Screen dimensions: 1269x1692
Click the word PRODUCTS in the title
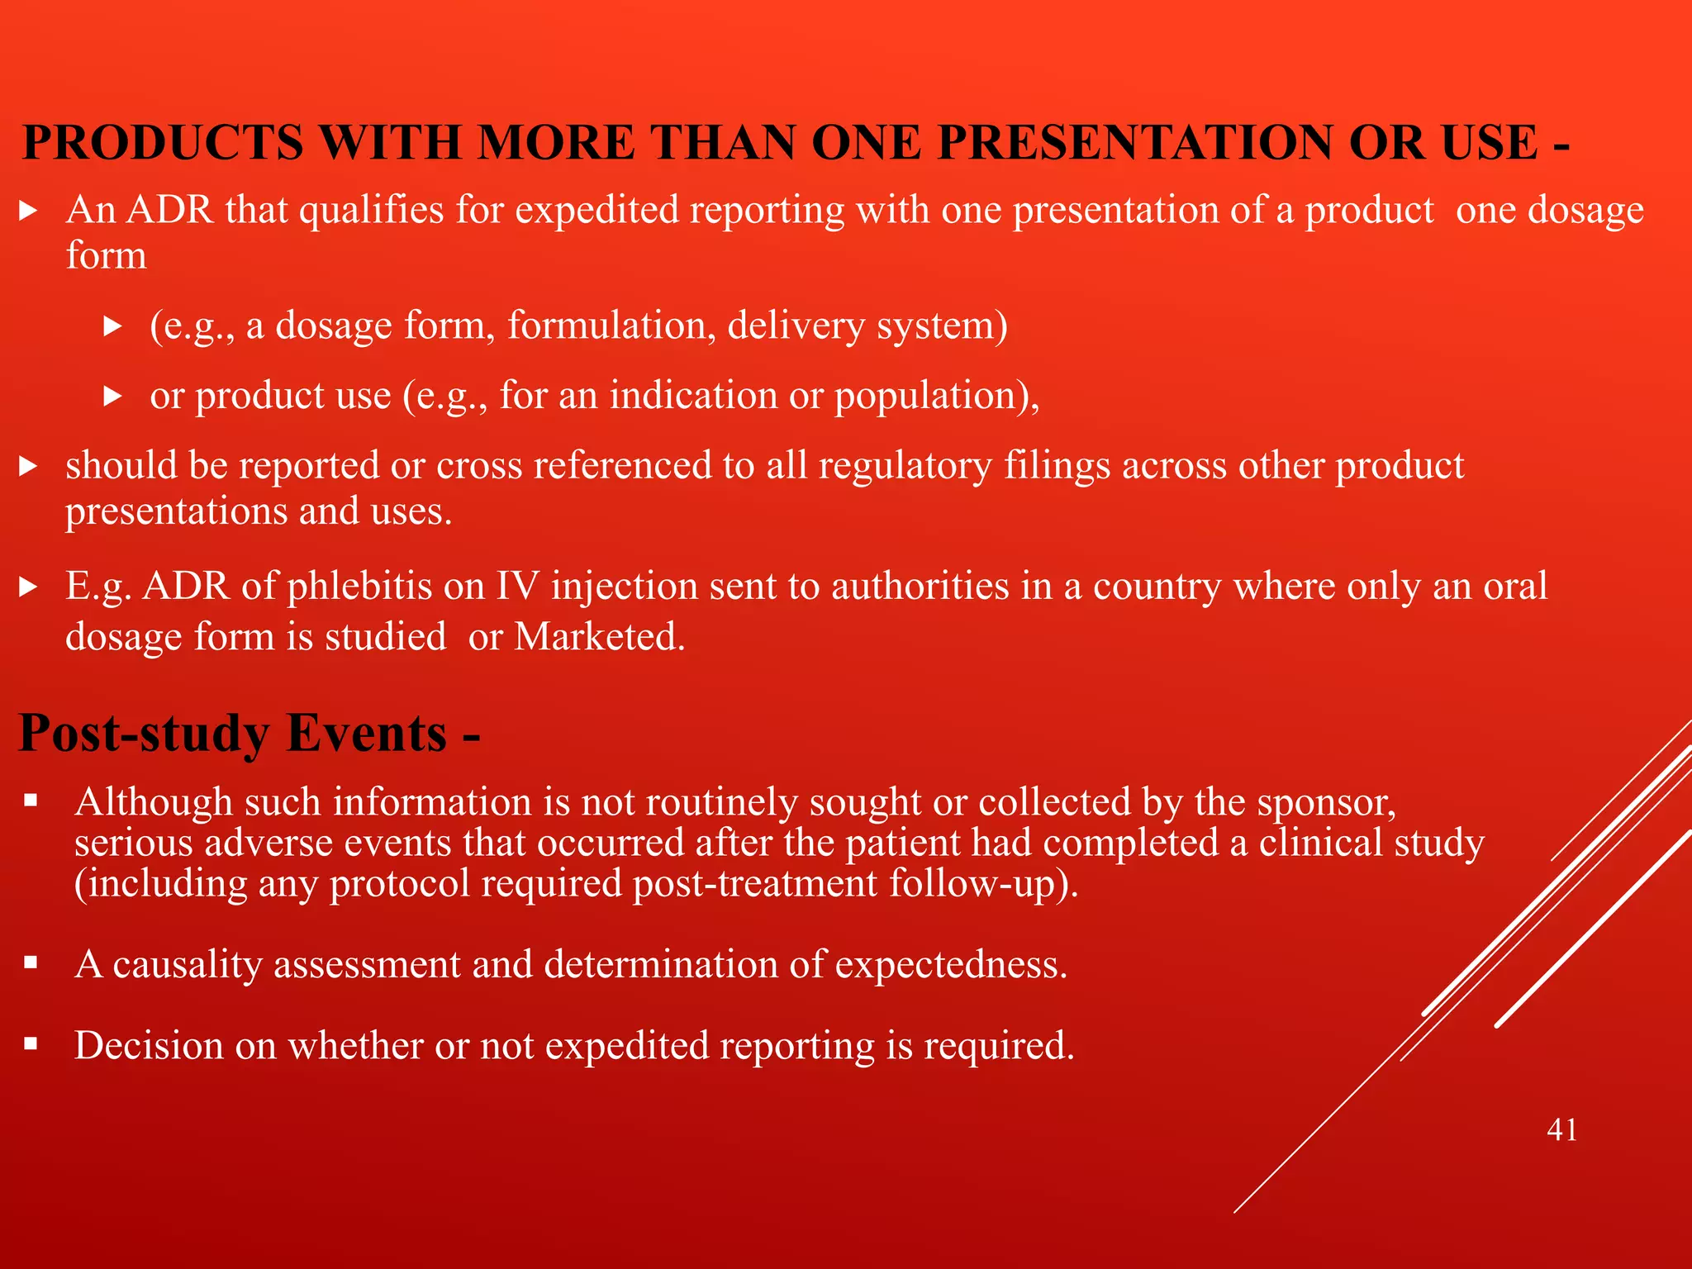(163, 143)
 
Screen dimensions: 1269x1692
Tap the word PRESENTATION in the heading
(1134, 143)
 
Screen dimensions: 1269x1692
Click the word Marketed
(600, 637)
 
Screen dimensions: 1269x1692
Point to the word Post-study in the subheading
(143, 734)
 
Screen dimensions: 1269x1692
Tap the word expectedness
(951, 964)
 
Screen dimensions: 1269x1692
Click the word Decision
(149, 1045)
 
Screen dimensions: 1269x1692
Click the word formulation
(611, 326)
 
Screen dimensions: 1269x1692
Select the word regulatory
(905, 465)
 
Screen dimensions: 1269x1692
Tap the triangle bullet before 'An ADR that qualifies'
(29, 211)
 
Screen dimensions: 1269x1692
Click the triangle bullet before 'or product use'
(113, 397)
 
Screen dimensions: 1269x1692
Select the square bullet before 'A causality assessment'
(31, 962)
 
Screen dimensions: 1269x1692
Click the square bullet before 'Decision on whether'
(31, 1043)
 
